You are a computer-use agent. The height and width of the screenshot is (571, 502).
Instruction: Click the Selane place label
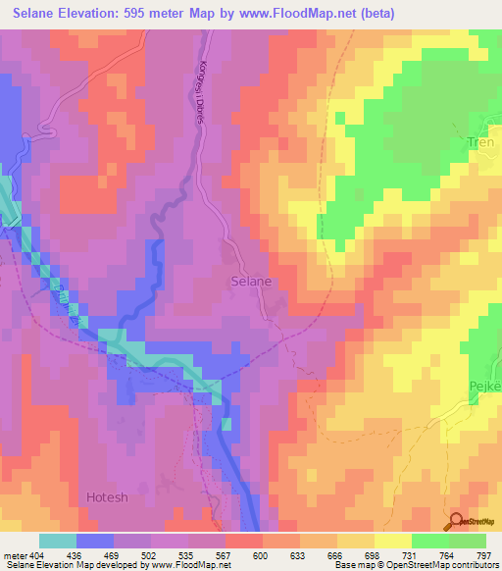pos(251,281)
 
